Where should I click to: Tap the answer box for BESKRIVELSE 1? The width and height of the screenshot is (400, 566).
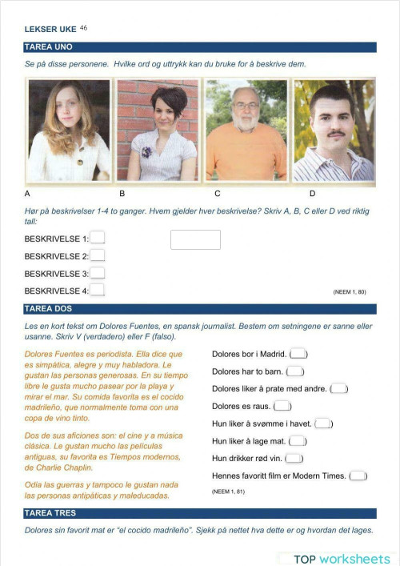(98, 238)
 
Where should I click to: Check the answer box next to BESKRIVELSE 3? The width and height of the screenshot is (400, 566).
(98, 273)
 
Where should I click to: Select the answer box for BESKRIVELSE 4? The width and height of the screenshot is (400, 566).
(98, 291)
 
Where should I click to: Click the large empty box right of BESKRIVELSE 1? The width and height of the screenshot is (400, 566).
(195, 239)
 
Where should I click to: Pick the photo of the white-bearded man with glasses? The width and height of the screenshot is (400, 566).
(246, 130)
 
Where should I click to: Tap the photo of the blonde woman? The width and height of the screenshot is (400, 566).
(69, 130)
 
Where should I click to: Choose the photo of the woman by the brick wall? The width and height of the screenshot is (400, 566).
(157, 130)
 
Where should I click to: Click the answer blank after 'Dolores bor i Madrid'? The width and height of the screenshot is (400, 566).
(298, 354)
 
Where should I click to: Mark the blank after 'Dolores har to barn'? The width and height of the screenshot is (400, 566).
(294, 371)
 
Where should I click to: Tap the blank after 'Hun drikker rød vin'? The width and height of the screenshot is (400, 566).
(294, 458)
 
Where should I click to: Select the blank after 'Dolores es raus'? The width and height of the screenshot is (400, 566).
(283, 406)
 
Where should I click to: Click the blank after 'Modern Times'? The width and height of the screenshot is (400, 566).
(358, 476)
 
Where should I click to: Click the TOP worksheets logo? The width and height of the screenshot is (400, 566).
(340, 558)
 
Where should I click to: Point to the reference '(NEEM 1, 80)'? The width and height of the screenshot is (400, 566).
(349, 292)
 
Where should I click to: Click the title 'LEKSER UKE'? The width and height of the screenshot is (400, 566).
(50, 30)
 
